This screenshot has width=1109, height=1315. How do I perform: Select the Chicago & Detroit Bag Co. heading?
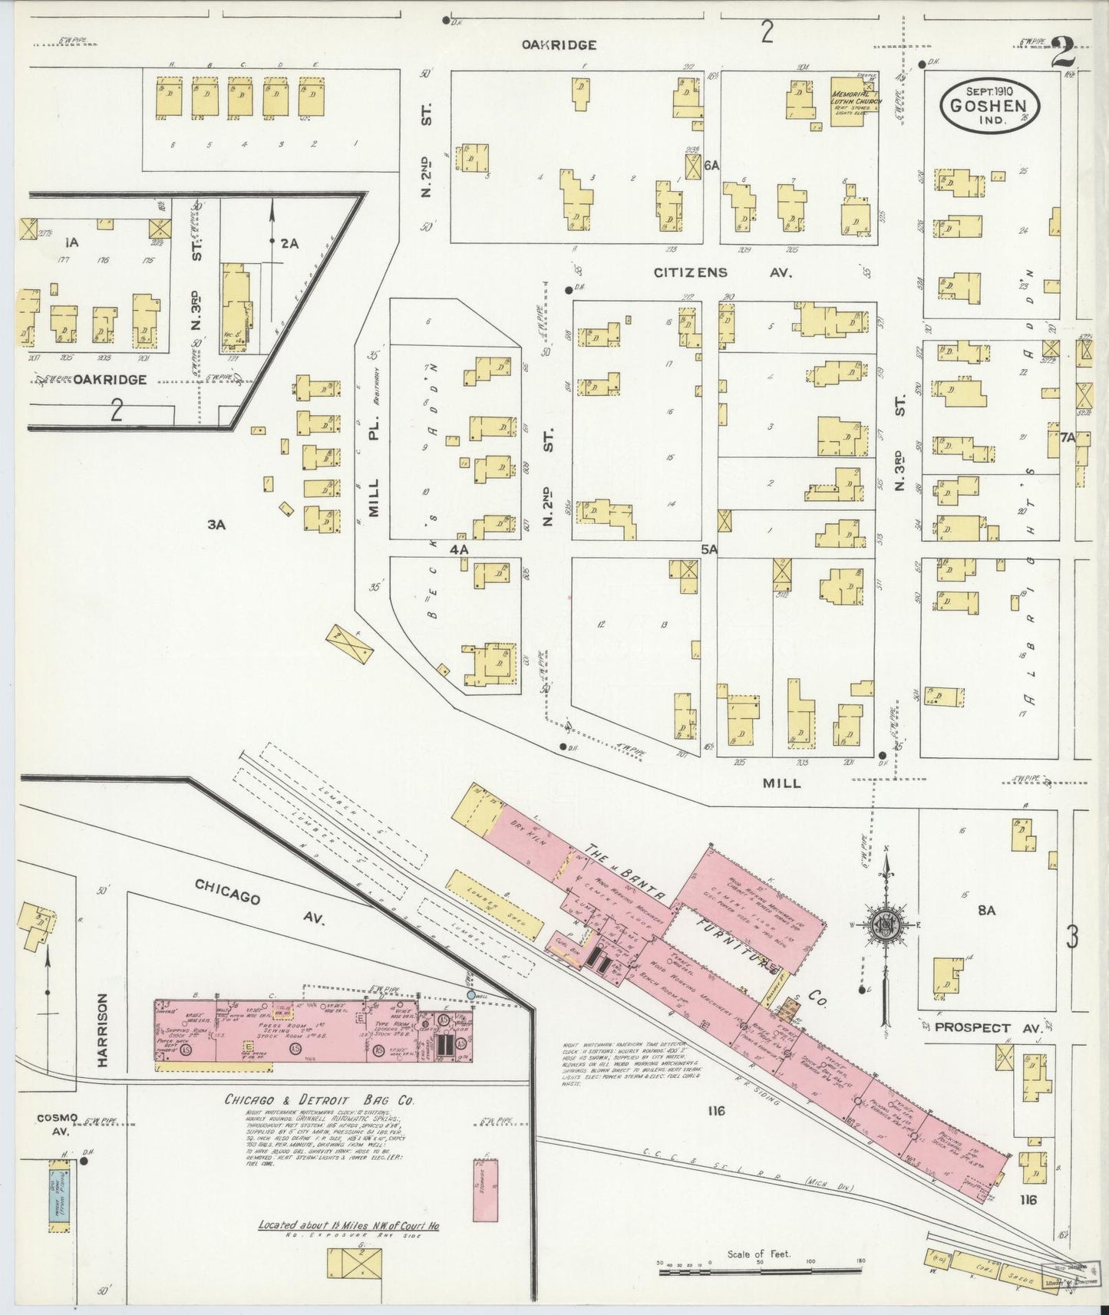coord(319,1099)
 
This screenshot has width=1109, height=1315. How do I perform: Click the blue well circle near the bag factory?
coord(470,994)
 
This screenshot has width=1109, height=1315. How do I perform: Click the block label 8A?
coord(986,910)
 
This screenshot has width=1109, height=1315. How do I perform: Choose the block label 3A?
coord(216,525)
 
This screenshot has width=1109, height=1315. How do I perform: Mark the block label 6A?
coord(711,165)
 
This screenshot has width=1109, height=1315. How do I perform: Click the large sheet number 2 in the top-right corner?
coord(1063,54)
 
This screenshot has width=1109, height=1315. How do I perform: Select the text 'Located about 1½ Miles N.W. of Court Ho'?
coord(348,1225)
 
